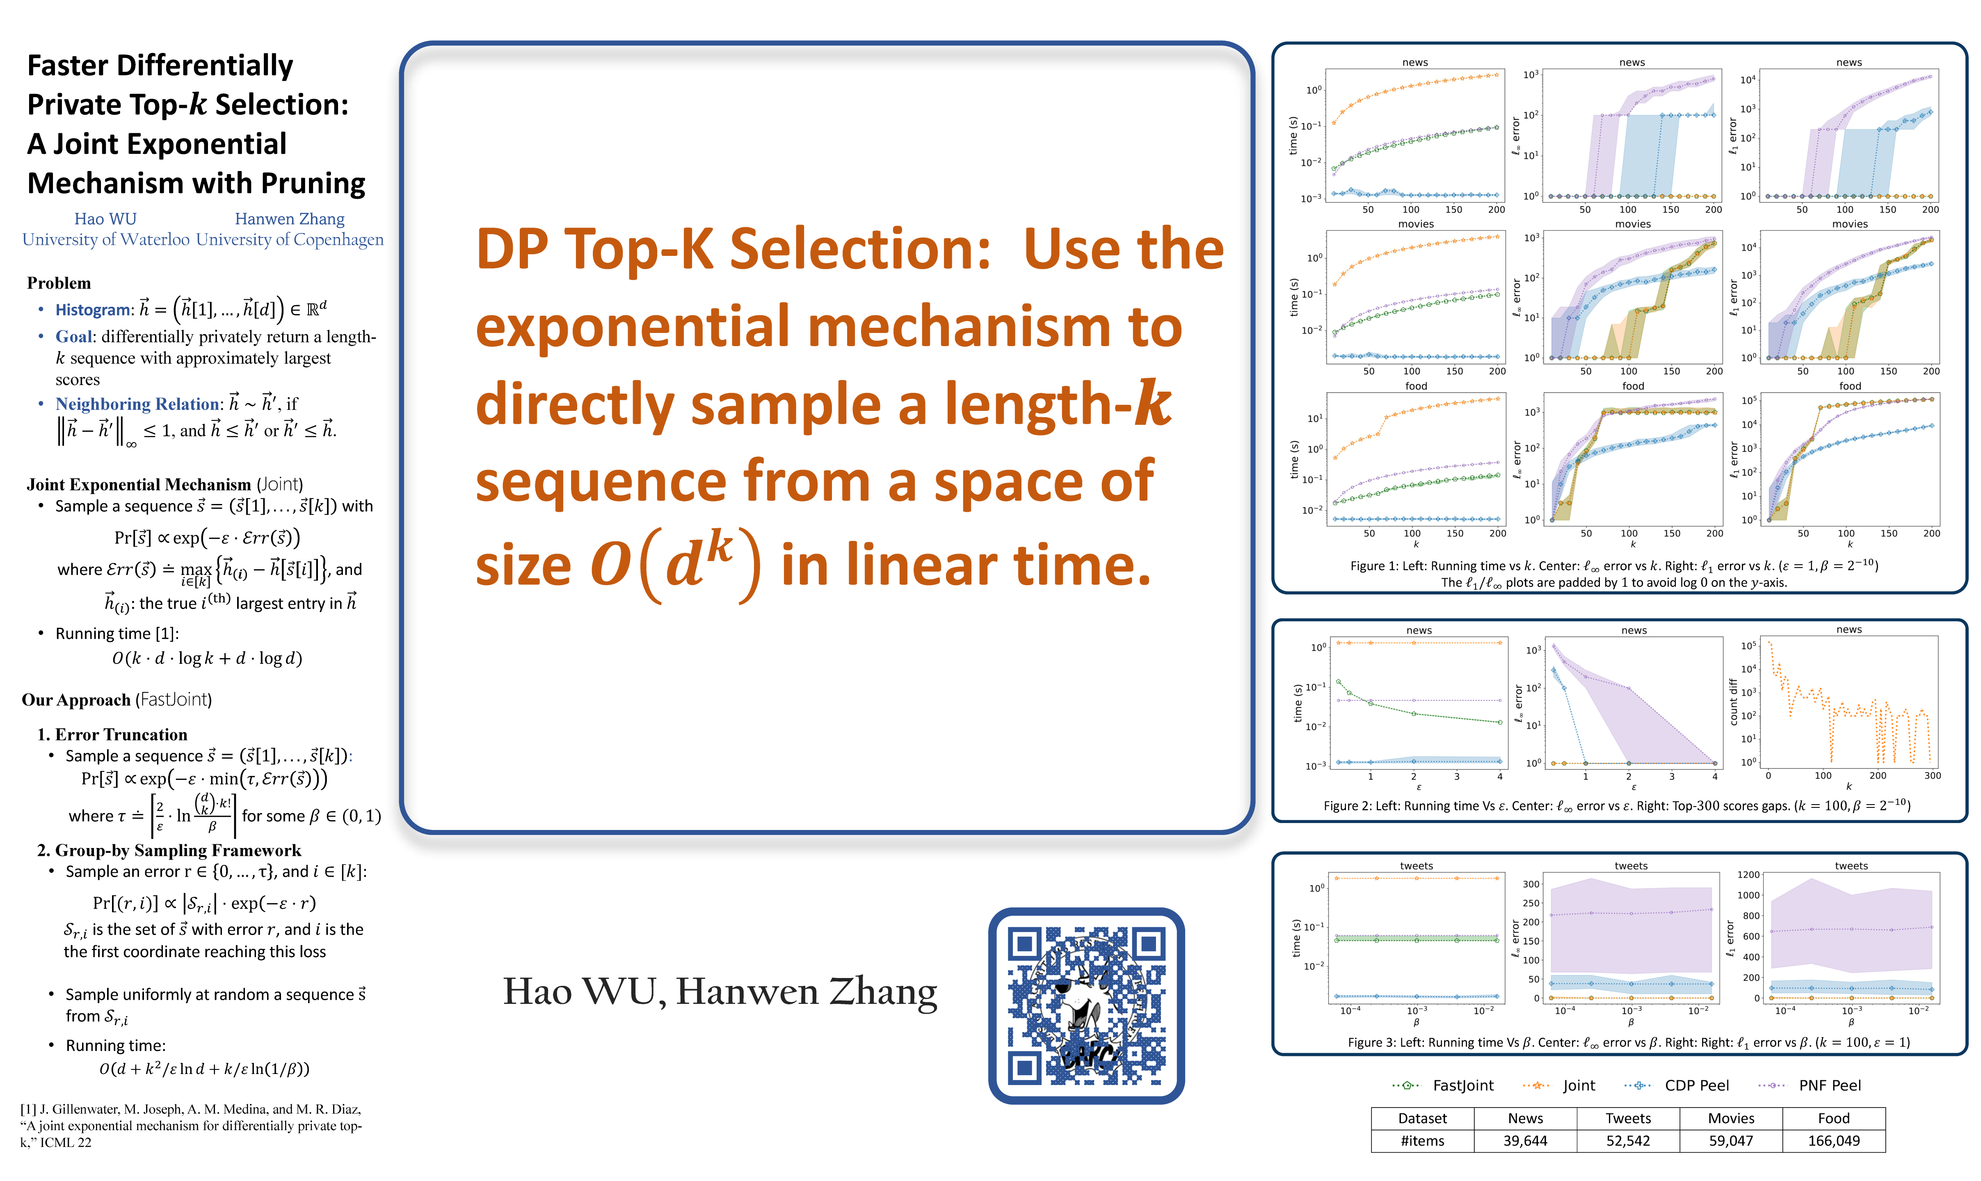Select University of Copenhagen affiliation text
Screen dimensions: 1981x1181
[290, 239]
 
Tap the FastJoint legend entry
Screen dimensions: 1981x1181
[1443, 1085]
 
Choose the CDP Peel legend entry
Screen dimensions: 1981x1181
[1676, 1085]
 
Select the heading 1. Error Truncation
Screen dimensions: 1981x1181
[112, 734]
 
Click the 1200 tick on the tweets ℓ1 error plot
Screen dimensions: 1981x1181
[1748, 875]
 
